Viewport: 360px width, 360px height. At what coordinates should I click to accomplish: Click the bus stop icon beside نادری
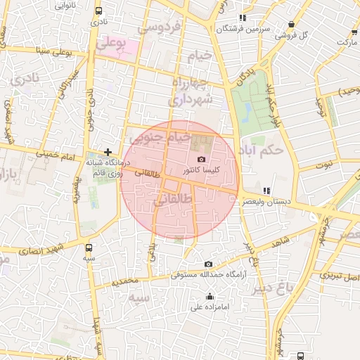click(x=97, y=11)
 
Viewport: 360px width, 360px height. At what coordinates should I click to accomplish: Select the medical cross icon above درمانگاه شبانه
click(x=108, y=151)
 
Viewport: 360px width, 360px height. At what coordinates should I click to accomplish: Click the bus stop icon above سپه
click(x=89, y=247)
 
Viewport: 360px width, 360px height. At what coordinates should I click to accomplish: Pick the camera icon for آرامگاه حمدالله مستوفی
click(x=208, y=264)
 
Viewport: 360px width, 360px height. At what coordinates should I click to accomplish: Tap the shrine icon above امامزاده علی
click(x=210, y=296)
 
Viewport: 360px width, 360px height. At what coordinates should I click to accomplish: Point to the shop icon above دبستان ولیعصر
click(x=266, y=191)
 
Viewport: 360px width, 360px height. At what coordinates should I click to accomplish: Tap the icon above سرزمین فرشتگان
click(x=243, y=18)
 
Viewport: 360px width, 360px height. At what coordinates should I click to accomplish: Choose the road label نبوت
click(x=323, y=165)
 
